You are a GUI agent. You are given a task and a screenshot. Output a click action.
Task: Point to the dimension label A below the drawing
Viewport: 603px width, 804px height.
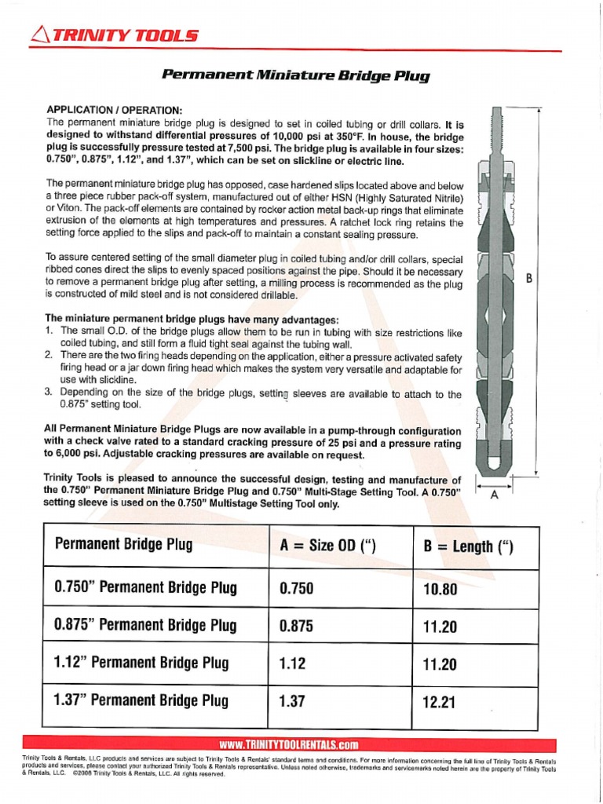pyautogui.click(x=494, y=495)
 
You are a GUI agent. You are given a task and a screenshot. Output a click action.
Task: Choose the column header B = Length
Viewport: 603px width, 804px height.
pyautogui.click(x=468, y=546)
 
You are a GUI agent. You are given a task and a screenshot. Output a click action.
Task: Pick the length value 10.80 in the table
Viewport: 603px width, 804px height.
pyautogui.click(x=439, y=589)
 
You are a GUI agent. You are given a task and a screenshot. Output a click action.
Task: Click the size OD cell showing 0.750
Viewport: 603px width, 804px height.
pyautogui.click(x=297, y=588)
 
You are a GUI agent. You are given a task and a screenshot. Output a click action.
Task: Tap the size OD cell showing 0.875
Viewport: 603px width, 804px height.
pyautogui.click(x=297, y=626)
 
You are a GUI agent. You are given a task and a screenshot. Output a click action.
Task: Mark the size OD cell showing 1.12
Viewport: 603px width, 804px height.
pyautogui.click(x=292, y=663)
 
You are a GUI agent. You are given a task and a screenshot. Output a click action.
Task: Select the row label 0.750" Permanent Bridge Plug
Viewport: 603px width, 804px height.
pyautogui.click(x=145, y=587)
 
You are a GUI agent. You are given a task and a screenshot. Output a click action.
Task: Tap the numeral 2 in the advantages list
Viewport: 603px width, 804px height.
pyautogui.click(x=49, y=356)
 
